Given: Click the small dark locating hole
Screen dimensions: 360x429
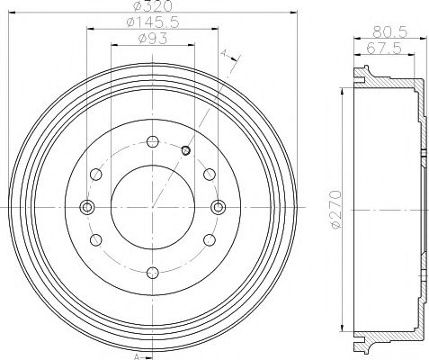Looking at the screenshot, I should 185,150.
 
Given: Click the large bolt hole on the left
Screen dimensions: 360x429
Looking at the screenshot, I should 86,207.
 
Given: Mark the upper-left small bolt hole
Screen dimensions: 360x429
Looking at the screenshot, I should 95,174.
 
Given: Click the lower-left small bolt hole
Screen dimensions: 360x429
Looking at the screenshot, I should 95,240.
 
